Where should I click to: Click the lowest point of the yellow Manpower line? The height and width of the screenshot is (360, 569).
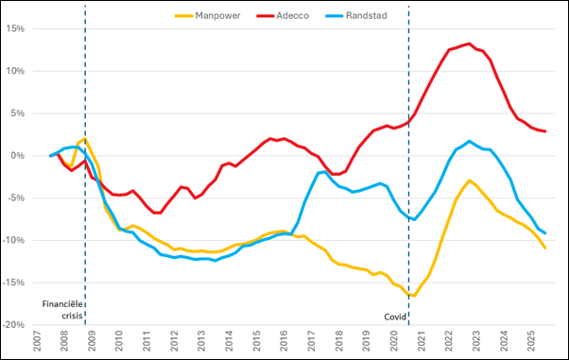click(x=414, y=296)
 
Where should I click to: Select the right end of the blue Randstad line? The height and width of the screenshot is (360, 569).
click(x=544, y=232)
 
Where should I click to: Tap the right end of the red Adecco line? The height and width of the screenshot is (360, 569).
click(x=544, y=131)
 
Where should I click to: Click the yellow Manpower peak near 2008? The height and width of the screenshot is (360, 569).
click(x=84, y=139)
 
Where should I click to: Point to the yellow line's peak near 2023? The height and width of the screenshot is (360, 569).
click(x=469, y=180)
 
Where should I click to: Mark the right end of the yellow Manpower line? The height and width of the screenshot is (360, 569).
click(x=544, y=248)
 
